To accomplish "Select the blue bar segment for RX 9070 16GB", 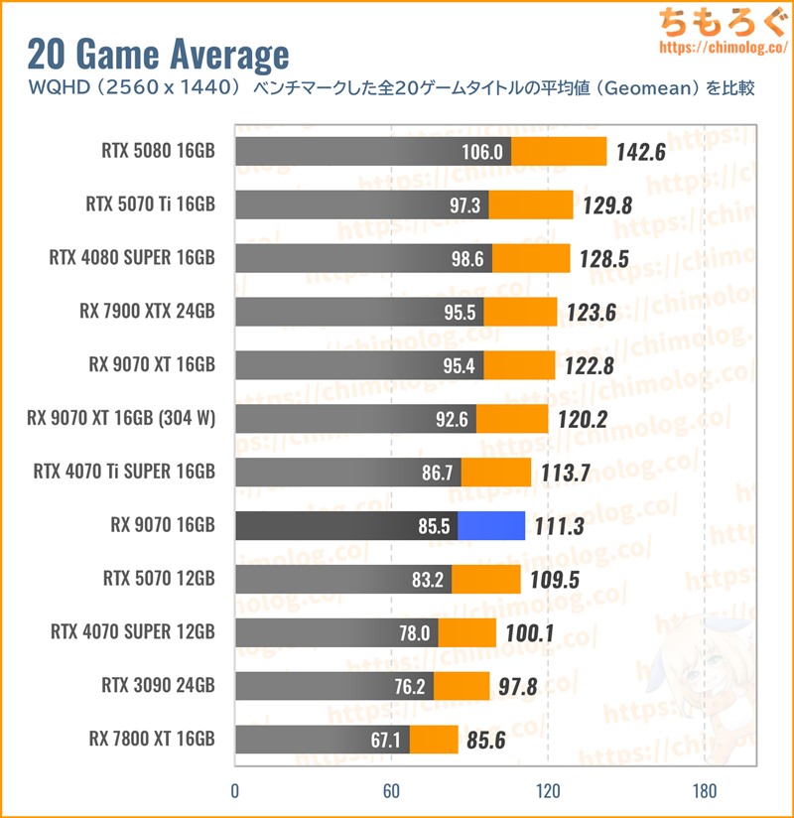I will point(491,525).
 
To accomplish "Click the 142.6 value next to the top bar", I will point(640,153).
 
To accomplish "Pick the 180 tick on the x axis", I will point(705,791).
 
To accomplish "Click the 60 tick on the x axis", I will point(391,791).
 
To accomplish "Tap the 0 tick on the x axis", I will point(235,791).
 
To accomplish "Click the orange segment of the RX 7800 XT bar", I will point(434,739).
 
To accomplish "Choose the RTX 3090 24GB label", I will point(158,685).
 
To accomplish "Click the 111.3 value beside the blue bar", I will point(559,526).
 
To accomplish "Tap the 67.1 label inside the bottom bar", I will point(385,739).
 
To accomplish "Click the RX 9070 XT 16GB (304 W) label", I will point(121,418).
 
